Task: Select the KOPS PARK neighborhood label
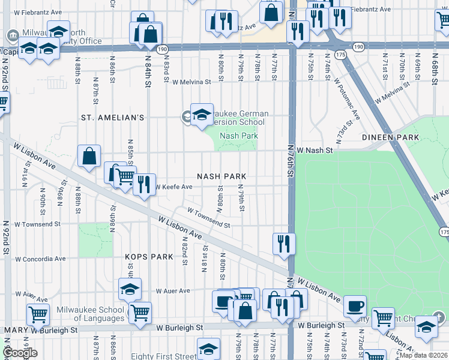pos(149,256)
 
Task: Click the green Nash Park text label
pos(238,136)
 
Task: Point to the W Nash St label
pos(314,151)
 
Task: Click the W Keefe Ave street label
pos(174,187)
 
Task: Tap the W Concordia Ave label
pos(40,259)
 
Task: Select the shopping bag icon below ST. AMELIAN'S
pos(89,157)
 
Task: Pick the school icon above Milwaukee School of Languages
pos(130,289)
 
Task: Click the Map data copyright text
pos(423,355)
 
